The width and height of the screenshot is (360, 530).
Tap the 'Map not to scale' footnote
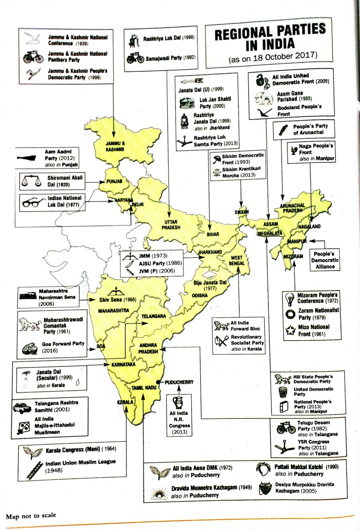[x=31, y=516]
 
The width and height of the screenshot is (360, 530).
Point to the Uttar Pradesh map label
[x=171, y=225]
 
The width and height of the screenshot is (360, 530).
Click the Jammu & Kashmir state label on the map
[x=115, y=146]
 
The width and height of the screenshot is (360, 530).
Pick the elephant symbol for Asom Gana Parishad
[x=264, y=97]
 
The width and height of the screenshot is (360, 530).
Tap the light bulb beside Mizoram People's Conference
[x=290, y=299]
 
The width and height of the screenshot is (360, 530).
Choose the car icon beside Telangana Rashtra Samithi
[x=22, y=407]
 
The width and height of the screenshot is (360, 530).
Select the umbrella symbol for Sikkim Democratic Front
[x=217, y=159]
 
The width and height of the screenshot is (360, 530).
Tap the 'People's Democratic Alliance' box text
[x=325, y=260]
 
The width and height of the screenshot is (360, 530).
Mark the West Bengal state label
[x=236, y=260]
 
